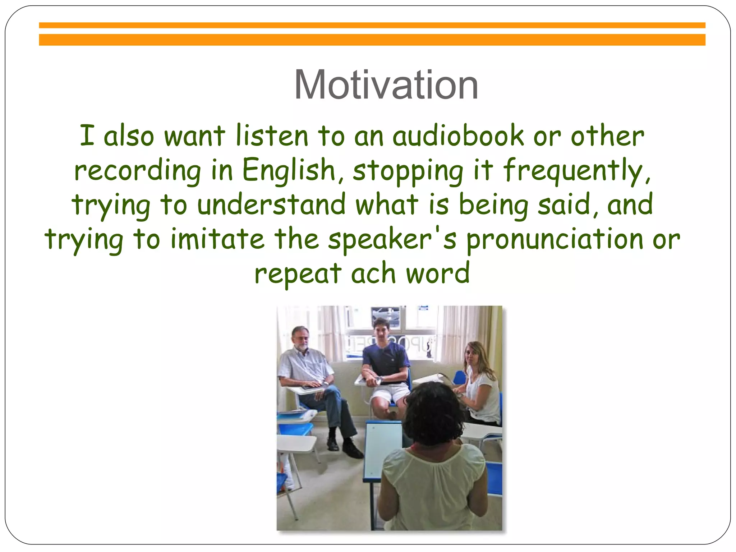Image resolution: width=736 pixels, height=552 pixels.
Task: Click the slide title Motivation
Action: click(386, 85)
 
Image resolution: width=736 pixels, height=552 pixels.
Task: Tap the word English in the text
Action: click(289, 170)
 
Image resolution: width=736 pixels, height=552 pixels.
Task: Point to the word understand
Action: click(271, 204)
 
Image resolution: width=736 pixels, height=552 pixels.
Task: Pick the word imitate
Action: click(217, 239)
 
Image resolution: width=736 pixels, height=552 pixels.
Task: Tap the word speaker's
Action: click(392, 239)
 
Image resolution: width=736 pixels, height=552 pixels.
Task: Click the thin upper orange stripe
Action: click(372, 25)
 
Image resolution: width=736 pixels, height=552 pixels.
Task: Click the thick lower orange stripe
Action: click(372, 40)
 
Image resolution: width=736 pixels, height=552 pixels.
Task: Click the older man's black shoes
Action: click(345, 447)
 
